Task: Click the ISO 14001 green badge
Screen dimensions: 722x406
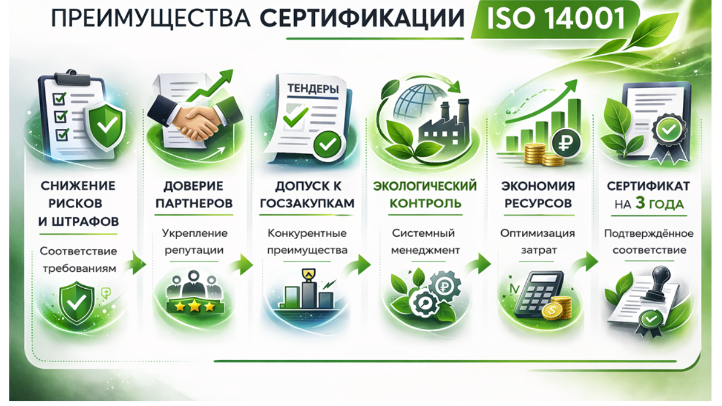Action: pyautogui.click(x=555, y=19)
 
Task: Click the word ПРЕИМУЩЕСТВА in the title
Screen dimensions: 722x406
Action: pyautogui.click(x=151, y=19)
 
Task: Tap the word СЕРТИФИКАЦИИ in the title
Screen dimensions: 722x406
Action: pyautogui.click(x=362, y=18)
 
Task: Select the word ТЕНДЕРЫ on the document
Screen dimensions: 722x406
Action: pyautogui.click(x=313, y=88)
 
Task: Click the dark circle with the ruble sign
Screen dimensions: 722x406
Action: pyautogui.click(x=566, y=143)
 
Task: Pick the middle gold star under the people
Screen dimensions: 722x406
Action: pyautogui.click(x=194, y=306)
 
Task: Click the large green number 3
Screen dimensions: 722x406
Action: pyautogui.click(x=640, y=203)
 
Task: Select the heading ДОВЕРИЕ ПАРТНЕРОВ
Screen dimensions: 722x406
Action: pyautogui.click(x=194, y=195)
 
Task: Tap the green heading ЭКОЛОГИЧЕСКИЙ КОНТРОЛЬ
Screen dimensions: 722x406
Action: pyautogui.click(x=425, y=195)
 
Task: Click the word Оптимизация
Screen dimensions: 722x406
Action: pyautogui.click(x=538, y=233)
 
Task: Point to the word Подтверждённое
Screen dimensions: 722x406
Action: pyautogui.click(x=649, y=233)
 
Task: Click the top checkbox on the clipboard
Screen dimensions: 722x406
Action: pyautogui.click(x=59, y=99)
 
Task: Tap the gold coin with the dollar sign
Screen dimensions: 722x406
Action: pyautogui.click(x=552, y=310)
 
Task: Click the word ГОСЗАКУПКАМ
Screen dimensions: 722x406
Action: pyautogui.click(x=307, y=204)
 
